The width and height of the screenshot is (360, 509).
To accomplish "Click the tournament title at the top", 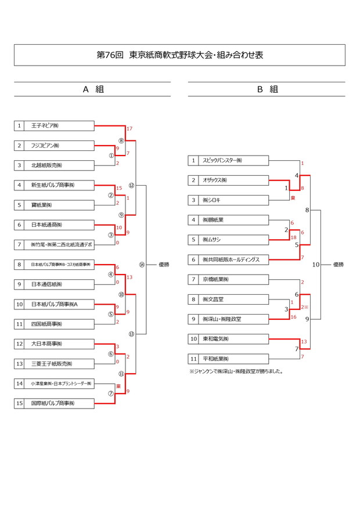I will (x=179, y=55).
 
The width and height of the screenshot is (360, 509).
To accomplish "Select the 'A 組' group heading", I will (x=92, y=89).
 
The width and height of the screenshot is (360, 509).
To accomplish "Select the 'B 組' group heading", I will (x=267, y=89).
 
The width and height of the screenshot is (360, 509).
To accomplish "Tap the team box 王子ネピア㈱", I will (x=54, y=125).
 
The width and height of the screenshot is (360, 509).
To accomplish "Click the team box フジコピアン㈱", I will (x=54, y=145).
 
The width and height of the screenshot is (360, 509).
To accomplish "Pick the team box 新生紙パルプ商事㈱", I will (x=54, y=185).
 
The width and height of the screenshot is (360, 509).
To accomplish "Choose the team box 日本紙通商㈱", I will (x=54, y=225).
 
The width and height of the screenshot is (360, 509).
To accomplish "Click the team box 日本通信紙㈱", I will (x=54, y=284).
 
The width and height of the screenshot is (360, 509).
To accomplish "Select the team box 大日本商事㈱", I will (x=54, y=344).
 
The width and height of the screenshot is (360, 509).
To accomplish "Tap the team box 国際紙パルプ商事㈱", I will (x=54, y=403).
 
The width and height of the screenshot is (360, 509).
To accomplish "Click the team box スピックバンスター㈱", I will (x=228, y=160).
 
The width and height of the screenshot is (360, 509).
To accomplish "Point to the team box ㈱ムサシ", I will (x=228, y=240).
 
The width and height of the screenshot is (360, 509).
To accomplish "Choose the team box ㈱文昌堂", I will (x=228, y=299).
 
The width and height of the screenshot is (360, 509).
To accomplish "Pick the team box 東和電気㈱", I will (x=228, y=338).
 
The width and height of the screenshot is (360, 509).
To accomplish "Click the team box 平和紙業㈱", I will (x=228, y=359).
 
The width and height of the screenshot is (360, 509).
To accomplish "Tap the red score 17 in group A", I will (x=129, y=128).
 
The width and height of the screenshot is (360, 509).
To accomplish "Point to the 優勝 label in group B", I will (x=338, y=265).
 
